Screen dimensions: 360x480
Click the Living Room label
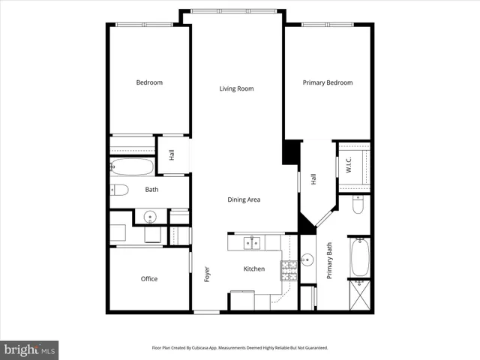coord(236,88)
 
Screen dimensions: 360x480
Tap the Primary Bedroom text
coord(327,82)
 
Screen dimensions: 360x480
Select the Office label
coord(148,279)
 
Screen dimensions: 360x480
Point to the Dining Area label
coord(244,199)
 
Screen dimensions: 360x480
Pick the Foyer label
coord(207,274)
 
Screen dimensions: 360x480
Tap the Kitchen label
coord(253,268)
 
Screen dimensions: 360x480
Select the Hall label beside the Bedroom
coord(172,155)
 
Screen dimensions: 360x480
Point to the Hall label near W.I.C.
coord(313,179)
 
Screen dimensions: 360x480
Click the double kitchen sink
coord(251,242)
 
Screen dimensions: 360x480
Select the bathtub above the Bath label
coord(132,166)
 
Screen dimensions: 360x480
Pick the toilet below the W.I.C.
coord(358,205)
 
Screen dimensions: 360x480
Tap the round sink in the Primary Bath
coord(307,261)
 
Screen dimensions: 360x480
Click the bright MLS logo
coord(29,349)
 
